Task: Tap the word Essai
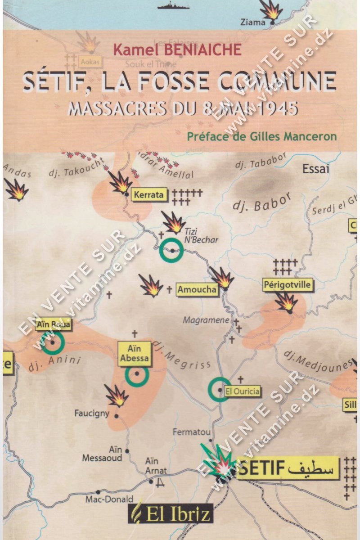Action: click(316, 169)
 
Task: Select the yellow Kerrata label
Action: click(148, 195)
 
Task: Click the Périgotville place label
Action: click(288, 284)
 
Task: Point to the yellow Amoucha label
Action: click(197, 289)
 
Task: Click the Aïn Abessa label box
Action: click(134, 353)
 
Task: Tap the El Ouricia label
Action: click(242, 391)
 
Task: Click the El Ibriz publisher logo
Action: click(171, 512)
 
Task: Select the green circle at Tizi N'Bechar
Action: click(172, 251)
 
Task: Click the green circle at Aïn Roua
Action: click(53, 342)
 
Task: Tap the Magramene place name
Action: click(206, 320)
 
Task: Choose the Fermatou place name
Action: click(192, 432)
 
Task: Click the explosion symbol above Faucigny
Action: click(117, 396)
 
